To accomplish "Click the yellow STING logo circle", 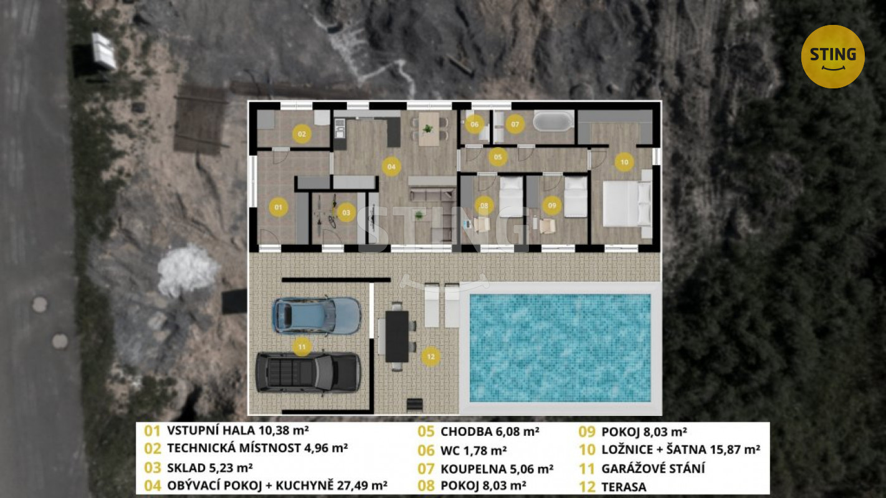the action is pyautogui.click(x=832, y=57).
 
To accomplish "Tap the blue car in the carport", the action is pyautogui.click(x=317, y=316).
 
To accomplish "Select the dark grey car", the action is pyautogui.click(x=308, y=372).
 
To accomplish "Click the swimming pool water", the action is pyautogui.click(x=560, y=348).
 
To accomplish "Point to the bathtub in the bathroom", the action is pyautogui.click(x=553, y=121).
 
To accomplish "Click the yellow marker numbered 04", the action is pyautogui.click(x=391, y=166).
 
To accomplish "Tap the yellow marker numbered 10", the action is pyautogui.click(x=624, y=162).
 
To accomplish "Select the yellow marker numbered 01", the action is pyautogui.click(x=279, y=207).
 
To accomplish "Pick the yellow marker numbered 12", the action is pyautogui.click(x=431, y=357).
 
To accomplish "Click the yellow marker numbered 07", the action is pyautogui.click(x=515, y=124).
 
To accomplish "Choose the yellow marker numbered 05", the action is pyautogui.click(x=498, y=157).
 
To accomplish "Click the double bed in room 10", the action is pyautogui.click(x=627, y=204).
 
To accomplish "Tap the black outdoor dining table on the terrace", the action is pyautogui.click(x=397, y=336).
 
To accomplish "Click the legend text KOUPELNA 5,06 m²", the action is pyautogui.click(x=497, y=469).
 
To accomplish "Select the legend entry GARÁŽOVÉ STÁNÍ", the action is pyautogui.click(x=653, y=468).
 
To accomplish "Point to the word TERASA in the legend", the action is pyautogui.click(x=624, y=487).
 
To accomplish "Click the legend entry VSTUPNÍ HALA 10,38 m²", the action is pyautogui.click(x=238, y=430).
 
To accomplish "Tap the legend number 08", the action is pyautogui.click(x=426, y=486).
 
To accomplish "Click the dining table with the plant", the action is pyautogui.click(x=429, y=129).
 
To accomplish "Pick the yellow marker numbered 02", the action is pyautogui.click(x=302, y=134).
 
